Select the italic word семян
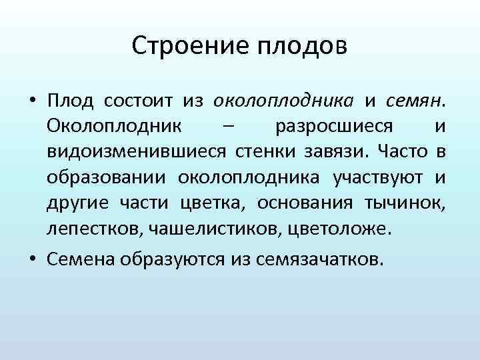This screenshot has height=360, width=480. (x=414, y=101)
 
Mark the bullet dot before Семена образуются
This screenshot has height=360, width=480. (x=31, y=259)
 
